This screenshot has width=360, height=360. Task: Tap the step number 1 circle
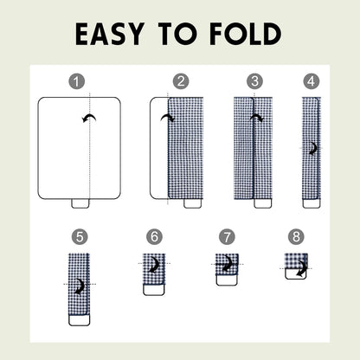78,82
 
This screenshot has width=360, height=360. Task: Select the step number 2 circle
180,82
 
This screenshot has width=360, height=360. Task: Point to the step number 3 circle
254,82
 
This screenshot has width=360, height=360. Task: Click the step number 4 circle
311,82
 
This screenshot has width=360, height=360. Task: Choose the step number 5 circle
80,235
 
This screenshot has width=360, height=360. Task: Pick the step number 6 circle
154,235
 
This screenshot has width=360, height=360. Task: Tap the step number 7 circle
227,235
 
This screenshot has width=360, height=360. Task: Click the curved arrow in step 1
88,119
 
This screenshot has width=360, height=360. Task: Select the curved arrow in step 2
169,118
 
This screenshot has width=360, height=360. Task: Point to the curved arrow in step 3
257,118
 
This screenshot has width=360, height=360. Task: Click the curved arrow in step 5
80,285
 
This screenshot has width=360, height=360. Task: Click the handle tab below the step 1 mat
80,203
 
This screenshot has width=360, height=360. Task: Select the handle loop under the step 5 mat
80,319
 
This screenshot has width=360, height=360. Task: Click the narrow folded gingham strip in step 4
311,147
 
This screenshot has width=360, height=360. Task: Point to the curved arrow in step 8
300,271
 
